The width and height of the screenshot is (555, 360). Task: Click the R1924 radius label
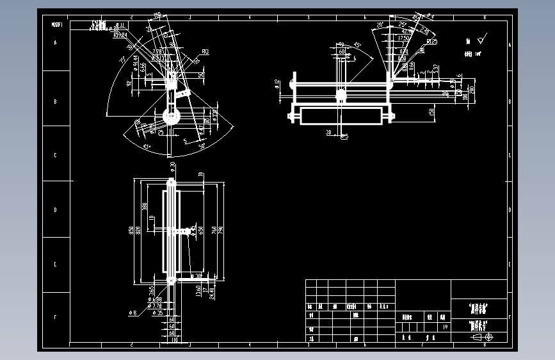[120, 36]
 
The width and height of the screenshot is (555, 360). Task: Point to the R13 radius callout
[205, 52]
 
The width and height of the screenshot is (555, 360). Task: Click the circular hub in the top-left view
[171, 116]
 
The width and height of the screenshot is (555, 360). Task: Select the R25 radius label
[432, 42]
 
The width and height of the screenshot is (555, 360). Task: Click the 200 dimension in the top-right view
[472, 89]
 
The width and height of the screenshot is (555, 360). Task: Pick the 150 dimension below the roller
[431, 112]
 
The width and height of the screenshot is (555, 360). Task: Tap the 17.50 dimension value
[403, 38]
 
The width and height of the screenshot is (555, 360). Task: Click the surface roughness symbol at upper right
[481, 39]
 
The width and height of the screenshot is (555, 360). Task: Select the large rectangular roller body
[340, 116]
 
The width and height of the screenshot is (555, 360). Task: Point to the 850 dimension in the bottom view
[131, 230]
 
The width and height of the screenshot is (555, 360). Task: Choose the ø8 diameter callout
[133, 313]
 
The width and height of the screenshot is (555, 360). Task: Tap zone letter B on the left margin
[55, 102]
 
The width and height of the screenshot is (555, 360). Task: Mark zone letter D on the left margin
[55, 209]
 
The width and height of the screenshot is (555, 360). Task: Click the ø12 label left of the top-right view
[277, 84]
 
